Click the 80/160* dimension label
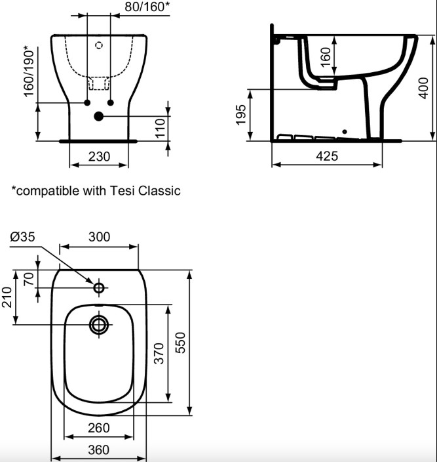[x=147, y=7]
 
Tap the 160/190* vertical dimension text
[x=29, y=72]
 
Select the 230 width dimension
[x=99, y=156]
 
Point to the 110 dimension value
[x=160, y=128]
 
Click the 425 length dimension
[x=327, y=156]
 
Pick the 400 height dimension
[x=423, y=88]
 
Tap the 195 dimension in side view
[x=241, y=115]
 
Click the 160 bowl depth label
[x=326, y=57]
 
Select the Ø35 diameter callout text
[x=22, y=236]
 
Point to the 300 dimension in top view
[x=99, y=237]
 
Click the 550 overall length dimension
[x=180, y=343]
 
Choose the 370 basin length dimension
[x=159, y=353]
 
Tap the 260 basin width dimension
[x=98, y=428]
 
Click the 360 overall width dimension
[x=98, y=450]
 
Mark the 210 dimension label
[x=7, y=297]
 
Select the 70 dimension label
[x=29, y=279]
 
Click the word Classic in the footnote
[x=159, y=190]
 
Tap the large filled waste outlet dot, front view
[x=99, y=116]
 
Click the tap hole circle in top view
[x=99, y=287]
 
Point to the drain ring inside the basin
[x=99, y=325]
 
